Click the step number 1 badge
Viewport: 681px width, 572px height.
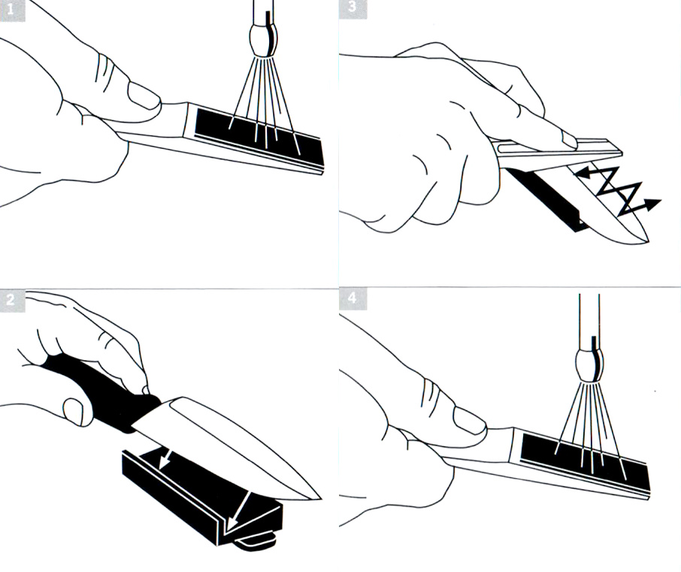click(12, 10)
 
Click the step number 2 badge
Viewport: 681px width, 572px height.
click(12, 300)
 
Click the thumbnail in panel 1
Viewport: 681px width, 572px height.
click(143, 95)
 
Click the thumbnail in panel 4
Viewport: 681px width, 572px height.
click(468, 419)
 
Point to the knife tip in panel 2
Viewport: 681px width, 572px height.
click(320, 498)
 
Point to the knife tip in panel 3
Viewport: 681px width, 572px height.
click(646, 241)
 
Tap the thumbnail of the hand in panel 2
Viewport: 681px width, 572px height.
click(74, 411)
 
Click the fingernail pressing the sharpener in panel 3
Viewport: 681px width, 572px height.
click(569, 141)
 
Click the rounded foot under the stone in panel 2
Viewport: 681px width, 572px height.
click(256, 540)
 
